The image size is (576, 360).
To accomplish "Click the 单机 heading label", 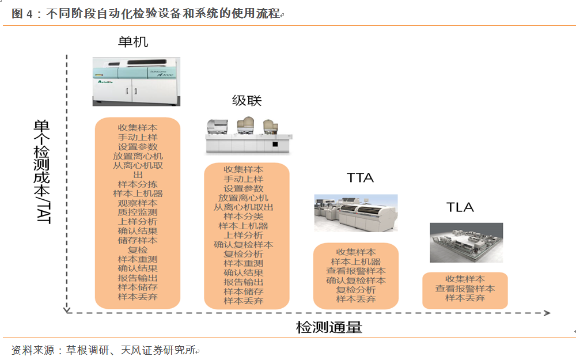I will pyautogui.click(x=133, y=42).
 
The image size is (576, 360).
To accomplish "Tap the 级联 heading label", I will pyautogui.click(x=247, y=101).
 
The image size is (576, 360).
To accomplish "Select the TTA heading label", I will pyautogui.click(x=360, y=177).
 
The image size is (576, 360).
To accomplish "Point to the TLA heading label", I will pyautogui.click(x=460, y=207).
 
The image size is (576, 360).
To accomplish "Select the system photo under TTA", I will pyautogui.click(x=355, y=213).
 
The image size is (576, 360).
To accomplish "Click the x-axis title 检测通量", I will pyautogui.click(x=329, y=328).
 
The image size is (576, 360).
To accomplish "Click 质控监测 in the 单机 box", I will pyautogui.click(x=138, y=212).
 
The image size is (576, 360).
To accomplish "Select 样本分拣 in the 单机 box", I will pyautogui.click(x=138, y=184).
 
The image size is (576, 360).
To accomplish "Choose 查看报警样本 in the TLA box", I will pyautogui.click(x=465, y=289).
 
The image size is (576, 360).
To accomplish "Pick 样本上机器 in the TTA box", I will pyautogui.click(x=356, y=262).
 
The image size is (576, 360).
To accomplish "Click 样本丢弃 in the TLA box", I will pyautogui.click(x=465, y=298).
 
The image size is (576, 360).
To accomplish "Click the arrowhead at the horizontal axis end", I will pyautogui.click(x=547, y=313).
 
